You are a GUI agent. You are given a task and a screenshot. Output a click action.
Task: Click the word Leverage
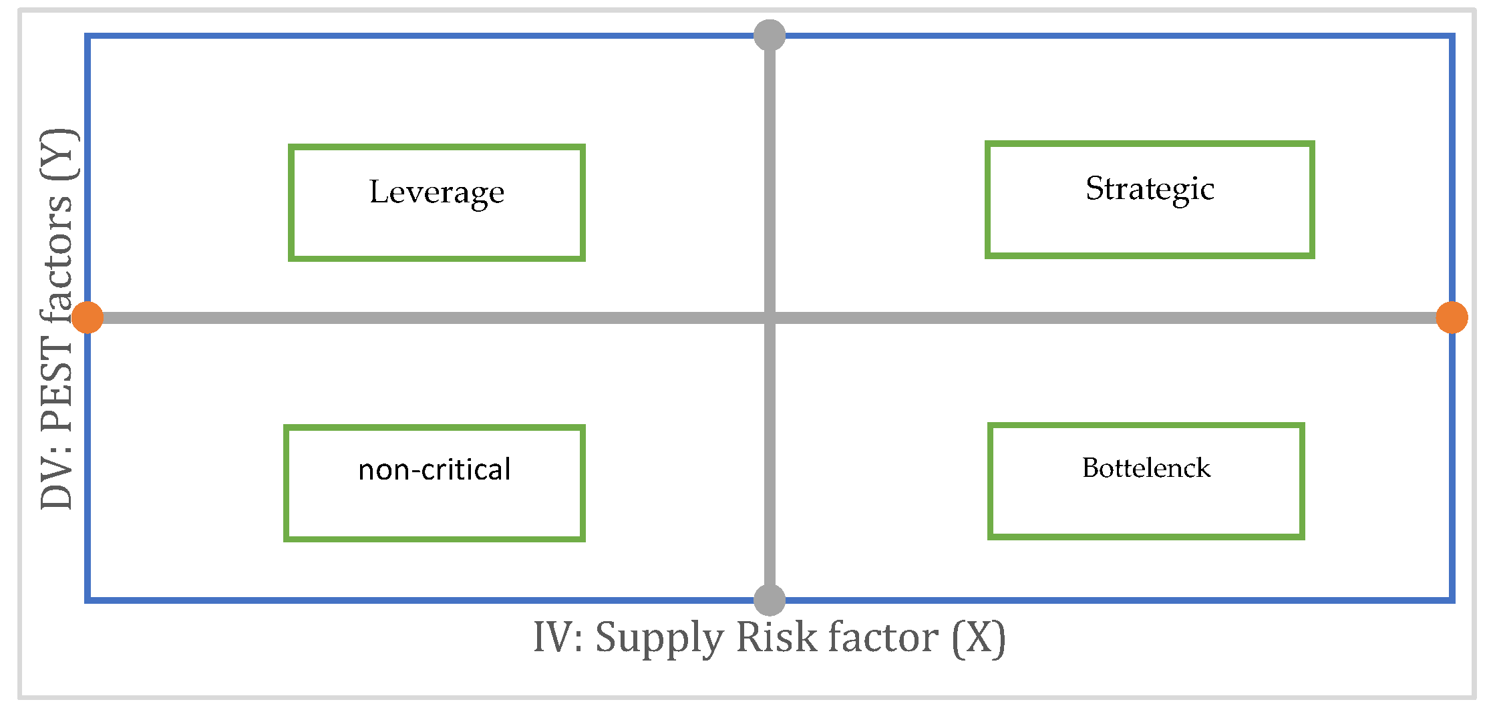(x=437, y=192)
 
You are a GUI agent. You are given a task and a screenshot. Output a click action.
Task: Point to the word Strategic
(x=1150, y=189)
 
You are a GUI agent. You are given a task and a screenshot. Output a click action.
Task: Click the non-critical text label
(x=434, y=470)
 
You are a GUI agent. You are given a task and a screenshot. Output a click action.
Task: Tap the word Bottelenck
(x=1146, y=468)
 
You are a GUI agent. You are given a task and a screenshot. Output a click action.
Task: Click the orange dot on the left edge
(x=88, y=317)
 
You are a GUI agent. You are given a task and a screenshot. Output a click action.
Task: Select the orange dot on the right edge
(x=1452, y=317)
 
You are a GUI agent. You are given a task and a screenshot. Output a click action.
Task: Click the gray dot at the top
(x=770, y=35)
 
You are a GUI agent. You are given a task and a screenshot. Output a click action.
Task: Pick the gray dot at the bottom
(x=770, y=599)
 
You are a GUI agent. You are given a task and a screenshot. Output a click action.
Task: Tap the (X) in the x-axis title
(x=978, y=638)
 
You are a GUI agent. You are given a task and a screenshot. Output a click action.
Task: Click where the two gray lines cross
(x=770, y=318)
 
